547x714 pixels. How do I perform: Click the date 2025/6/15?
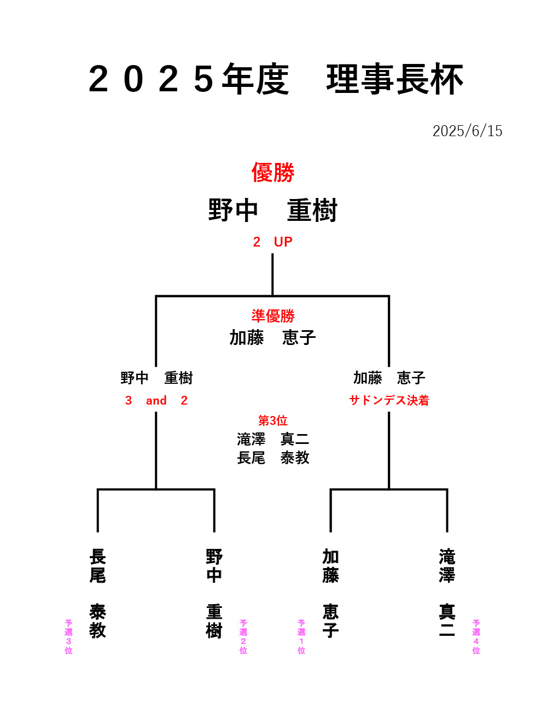click(467, 131)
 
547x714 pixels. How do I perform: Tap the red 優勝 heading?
click(273, 172)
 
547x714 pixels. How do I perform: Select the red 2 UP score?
click(272, 242)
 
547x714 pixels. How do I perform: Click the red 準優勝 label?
click(273, 316)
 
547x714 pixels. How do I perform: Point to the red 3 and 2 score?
click(156, 400)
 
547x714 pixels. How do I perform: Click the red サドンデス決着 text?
click(389, 400)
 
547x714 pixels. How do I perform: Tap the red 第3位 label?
click(272, 420)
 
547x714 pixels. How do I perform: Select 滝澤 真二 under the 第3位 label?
click(273, 440)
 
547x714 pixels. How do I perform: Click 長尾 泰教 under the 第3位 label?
click(273, 458)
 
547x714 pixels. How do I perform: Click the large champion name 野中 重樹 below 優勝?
click(272, 210)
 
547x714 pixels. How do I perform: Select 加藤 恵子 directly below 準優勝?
click(272, 337)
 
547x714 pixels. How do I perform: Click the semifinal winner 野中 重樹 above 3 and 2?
click(156, 378)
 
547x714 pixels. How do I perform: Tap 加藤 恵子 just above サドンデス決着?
click(389, 378)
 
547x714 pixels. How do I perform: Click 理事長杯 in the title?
click(395, 79)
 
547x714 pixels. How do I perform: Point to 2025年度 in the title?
click(189, 79)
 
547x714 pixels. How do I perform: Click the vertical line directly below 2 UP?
click(272, 274)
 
